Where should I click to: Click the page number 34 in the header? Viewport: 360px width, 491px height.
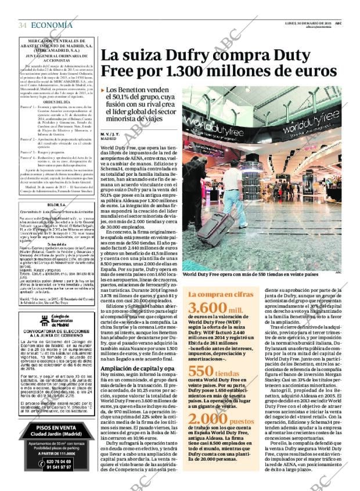point(23,25)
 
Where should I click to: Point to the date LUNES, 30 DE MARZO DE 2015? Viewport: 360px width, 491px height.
point(308,23)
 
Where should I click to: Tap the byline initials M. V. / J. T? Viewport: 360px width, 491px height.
point(111,134)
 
